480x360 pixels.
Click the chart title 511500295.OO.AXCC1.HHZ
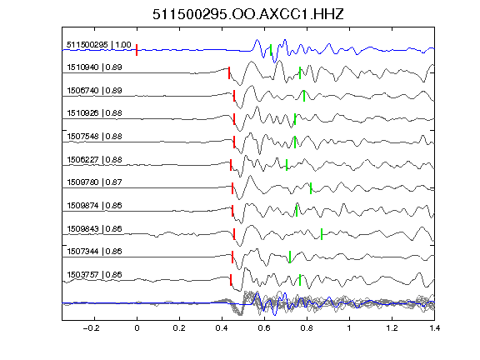[x=248, y=14]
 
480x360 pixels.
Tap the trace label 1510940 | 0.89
[x=94, y=67]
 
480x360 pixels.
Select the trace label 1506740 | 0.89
[x=94, y=91]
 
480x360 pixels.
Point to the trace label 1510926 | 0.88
[x=94, y=113]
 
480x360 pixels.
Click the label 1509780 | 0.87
[x=94, y=182]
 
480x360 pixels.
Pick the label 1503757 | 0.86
[x=94, y=275]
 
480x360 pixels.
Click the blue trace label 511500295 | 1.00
[x=99, y=45]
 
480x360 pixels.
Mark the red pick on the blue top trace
[x=137, y=50]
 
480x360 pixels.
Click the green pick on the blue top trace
[x=271, y=50]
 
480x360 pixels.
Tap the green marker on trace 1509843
[x=322, y=234]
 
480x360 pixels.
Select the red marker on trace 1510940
[x=229, y=73]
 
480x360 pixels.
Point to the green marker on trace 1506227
[x=287, y=165]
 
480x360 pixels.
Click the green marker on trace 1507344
[x=290, y=257]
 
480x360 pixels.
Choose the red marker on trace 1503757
[x=231, y=280]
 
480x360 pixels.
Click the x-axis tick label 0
[x=137, y=328]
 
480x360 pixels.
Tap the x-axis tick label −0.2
[x=92, y=328]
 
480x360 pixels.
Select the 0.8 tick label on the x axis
[x=307, y=328]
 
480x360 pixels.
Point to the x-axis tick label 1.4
[x=434, y=328]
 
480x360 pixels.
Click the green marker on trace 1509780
[x=311, y=188]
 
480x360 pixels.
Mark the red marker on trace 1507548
[x=234, y=142]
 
